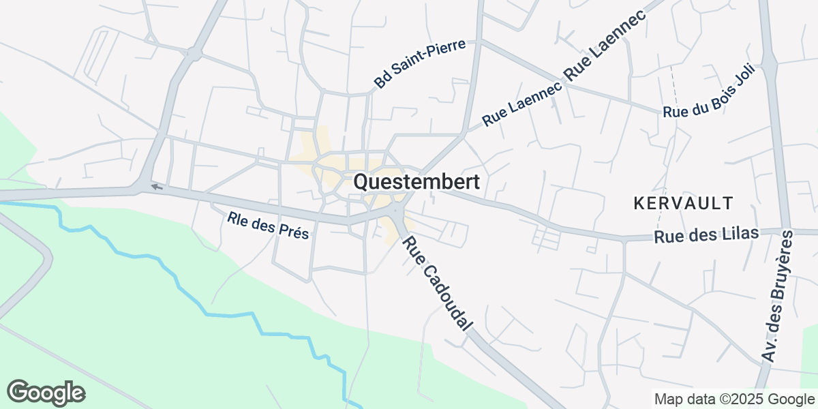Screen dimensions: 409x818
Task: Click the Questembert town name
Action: (416, 182)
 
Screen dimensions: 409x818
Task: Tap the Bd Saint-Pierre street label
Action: (419, 64)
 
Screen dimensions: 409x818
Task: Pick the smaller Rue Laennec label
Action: (521, 105)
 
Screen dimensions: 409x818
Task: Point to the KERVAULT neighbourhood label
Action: (683, 202)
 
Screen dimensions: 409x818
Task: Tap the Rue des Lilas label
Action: (706, 235)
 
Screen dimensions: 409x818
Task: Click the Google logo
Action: (46, 393)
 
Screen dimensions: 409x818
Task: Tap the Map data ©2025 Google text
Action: (734, 399)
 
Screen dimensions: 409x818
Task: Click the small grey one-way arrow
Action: (157, 187)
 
